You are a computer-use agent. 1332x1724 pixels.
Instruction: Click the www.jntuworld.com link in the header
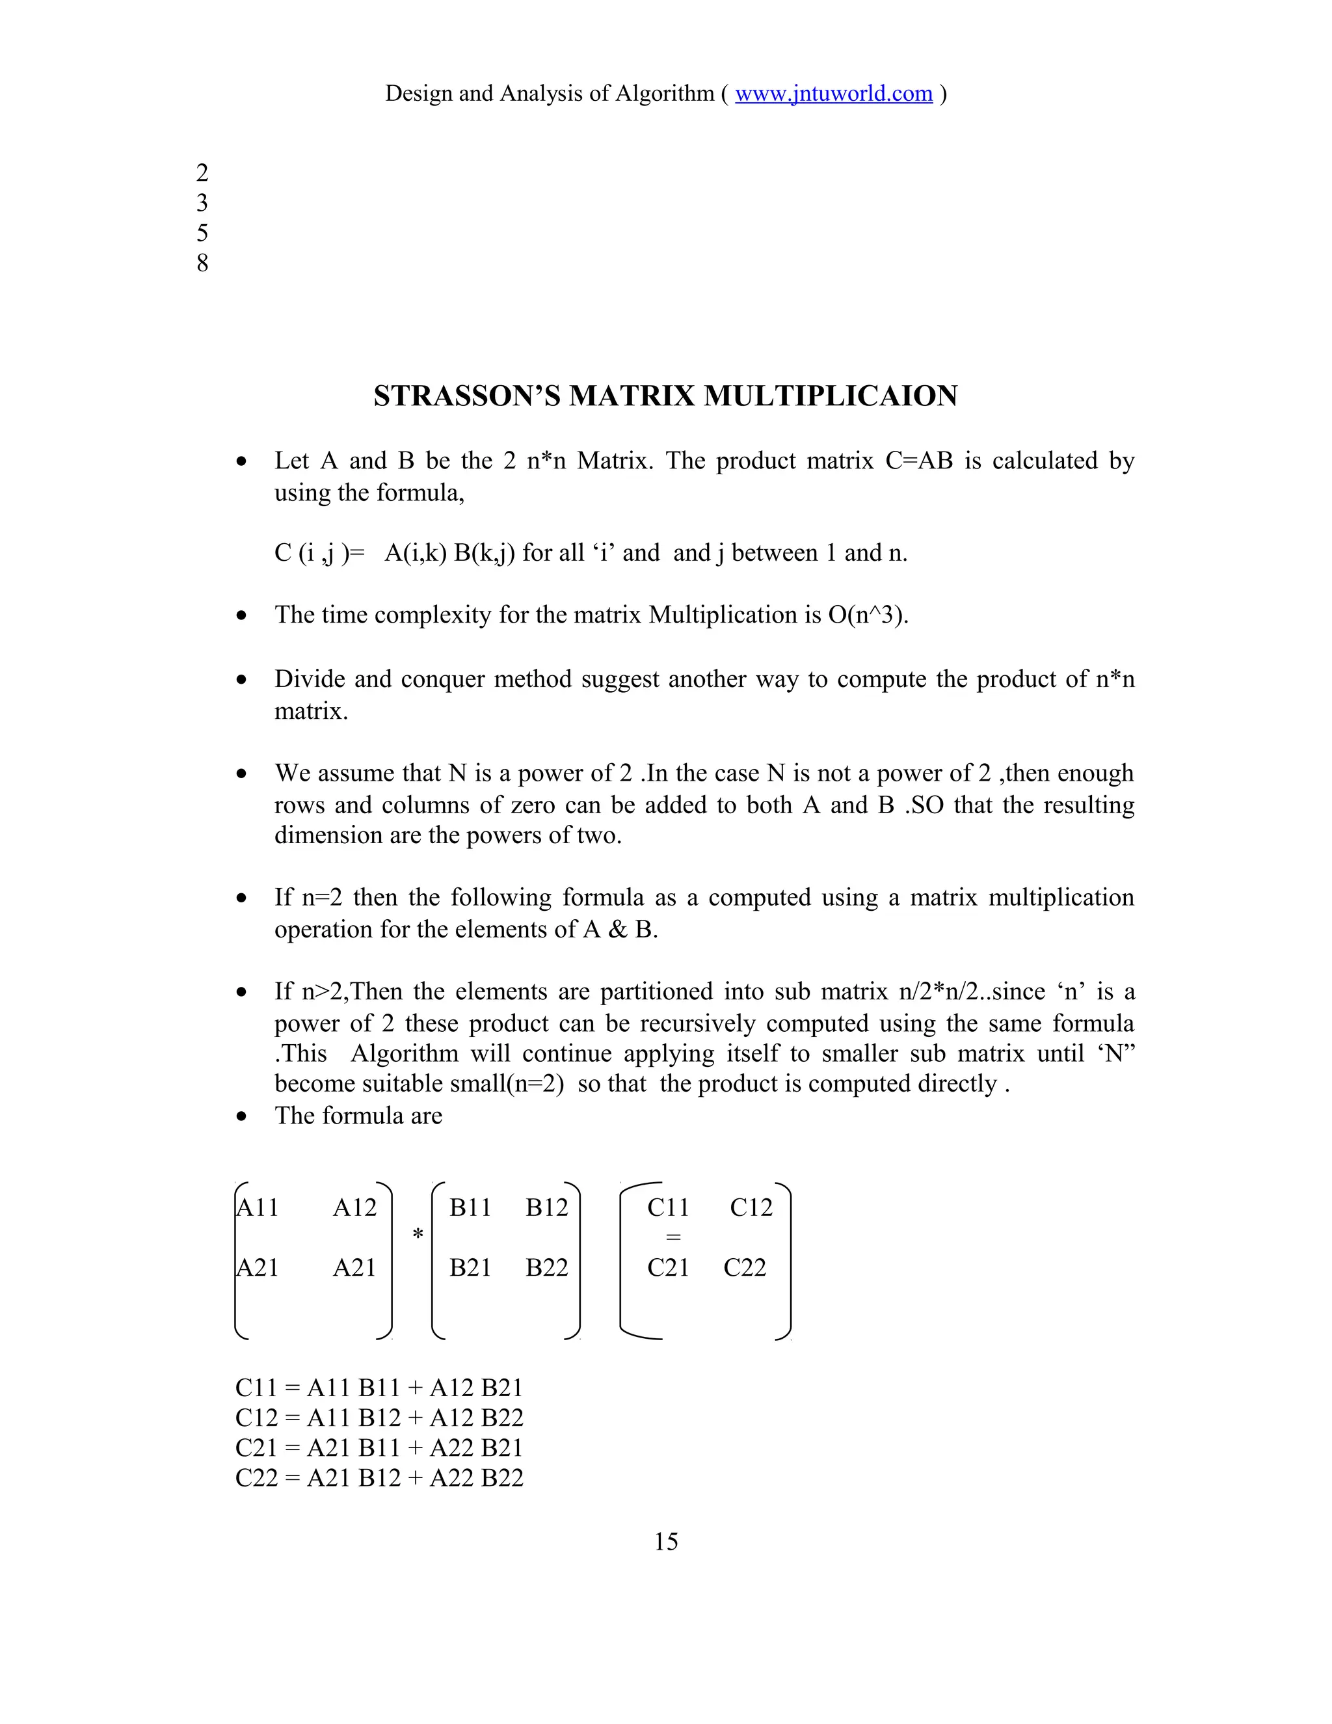coord(833,94)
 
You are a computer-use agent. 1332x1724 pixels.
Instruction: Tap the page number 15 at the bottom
coord(665,1542)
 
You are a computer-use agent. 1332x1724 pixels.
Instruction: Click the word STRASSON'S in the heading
coord(468,396)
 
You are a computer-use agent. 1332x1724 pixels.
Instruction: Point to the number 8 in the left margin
coord(202,263)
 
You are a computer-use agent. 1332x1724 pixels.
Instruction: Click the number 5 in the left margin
coord(202,233)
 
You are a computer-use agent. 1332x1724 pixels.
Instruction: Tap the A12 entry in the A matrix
coord(354,1207)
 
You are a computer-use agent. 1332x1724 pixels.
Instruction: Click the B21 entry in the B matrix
coord(470,1268)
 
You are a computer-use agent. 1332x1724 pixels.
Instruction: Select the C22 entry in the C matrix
coord(744,1268)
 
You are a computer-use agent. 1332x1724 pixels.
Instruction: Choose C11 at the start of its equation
coord(256,1388)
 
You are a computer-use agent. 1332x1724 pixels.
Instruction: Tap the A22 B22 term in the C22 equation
coord(477,1477)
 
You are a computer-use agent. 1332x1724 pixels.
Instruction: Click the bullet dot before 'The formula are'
coord(242,1117)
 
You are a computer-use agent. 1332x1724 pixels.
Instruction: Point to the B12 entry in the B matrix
coord(546,1207)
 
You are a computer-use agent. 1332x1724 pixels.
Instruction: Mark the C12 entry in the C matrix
coord(751,1207)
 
